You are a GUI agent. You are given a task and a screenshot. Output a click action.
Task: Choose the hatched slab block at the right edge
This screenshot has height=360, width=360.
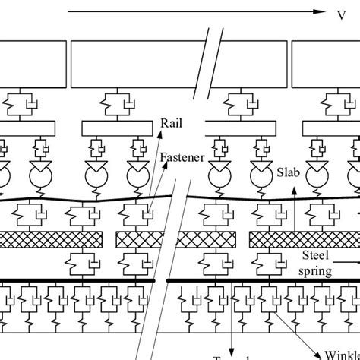tap(304, 240)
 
